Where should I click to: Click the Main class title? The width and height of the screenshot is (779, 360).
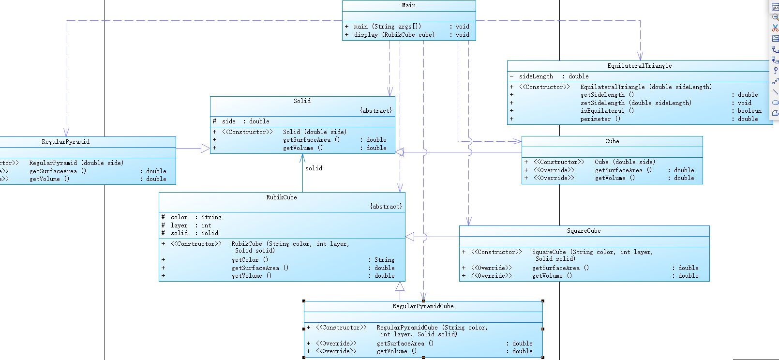[408, 5]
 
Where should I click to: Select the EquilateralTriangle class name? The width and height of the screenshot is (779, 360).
[639, 66]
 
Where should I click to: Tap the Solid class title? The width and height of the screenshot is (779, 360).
[302, 101]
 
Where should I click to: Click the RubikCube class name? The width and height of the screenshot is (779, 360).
[281, 197]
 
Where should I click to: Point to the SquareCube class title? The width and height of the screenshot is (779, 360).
[584, 231]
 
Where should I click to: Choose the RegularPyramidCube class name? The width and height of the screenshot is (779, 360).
[423, 306]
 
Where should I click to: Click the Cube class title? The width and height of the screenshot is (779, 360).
[612, 141]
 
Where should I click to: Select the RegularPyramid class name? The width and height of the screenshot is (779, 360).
[65, 142]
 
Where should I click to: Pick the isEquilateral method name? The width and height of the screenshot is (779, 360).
[602, 111]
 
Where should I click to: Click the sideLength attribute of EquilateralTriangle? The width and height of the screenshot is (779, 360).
[536, 76]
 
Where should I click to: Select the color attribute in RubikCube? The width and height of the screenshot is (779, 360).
[179, 217]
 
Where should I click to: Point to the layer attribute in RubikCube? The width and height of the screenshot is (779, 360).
[179, 225]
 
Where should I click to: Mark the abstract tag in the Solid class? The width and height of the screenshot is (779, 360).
[376, 111]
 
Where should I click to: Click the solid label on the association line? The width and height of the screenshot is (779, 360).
[314, 168]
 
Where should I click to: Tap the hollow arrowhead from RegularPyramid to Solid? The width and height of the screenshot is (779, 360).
[205, 149]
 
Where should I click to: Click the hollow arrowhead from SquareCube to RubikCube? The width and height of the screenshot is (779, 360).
[410, 237]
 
